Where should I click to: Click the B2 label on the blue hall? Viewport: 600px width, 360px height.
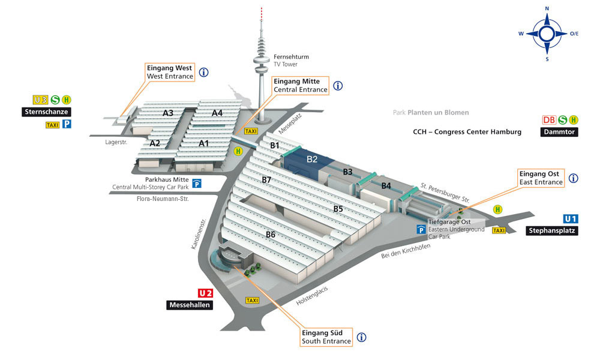point(312,159)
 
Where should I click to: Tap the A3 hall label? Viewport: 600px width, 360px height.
point(168,113)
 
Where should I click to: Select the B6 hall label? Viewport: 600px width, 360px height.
point(271,235)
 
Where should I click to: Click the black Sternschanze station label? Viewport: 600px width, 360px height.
point(46,112)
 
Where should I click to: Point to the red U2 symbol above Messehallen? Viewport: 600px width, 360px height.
point(205,293)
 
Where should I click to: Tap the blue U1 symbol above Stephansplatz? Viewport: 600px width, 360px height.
point(571,219)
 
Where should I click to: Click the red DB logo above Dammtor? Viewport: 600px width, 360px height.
point(549,120)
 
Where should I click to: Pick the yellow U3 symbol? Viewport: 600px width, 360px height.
point(41,100)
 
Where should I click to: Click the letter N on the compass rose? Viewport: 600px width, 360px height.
point(547,8)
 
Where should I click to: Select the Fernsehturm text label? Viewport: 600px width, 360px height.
point(291,56)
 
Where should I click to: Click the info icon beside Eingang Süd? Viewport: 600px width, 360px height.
point(362,337)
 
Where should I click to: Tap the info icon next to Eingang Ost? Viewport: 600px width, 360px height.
point(573,178)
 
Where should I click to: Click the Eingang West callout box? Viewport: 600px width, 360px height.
point(170,72)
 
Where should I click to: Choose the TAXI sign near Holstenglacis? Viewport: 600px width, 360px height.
point(252,301)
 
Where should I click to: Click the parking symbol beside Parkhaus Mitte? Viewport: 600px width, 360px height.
point(197,184)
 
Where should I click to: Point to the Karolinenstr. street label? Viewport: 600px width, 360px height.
point(199,234)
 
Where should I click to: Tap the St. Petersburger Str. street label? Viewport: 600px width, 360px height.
point(445,193)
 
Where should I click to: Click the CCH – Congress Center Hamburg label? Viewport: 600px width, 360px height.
point(467,132)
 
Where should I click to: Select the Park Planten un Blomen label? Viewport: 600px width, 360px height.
point(431,112)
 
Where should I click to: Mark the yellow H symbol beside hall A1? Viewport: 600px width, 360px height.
point(238,151)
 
